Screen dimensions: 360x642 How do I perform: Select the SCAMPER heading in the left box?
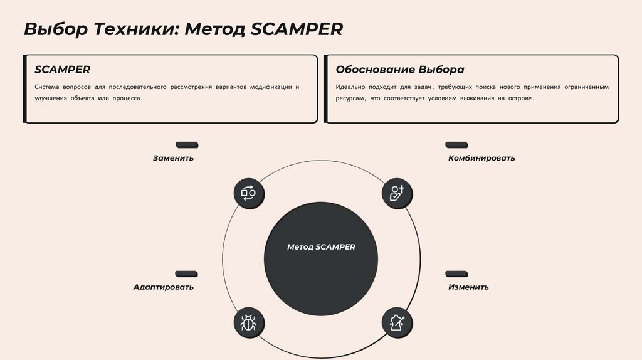coord(63,69)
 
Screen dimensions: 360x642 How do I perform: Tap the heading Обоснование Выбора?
coord(400,69)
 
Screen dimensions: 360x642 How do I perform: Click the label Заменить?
coord(173,158)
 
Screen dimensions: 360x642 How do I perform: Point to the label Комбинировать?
coord(481,158)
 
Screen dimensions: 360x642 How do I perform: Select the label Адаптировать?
coord(163,287)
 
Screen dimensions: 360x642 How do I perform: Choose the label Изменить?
coord(468,287)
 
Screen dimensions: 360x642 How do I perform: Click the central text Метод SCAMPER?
coord(321,247)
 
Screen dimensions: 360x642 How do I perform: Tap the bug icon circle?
coord(249,323)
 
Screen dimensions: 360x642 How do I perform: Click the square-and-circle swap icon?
coord(249,193)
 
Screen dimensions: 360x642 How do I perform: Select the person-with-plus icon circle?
coord(397,193)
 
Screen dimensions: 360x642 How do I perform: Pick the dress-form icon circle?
coord(397,323)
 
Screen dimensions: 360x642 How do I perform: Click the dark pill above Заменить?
coord(187,145)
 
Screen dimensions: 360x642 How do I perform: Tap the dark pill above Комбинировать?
coord(456,145)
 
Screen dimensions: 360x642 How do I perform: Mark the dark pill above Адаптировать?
coord(186,273)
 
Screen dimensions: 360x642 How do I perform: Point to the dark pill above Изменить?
coord(456,273)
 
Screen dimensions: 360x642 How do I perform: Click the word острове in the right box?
coord(520,99)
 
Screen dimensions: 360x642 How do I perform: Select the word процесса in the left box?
coord(128,99)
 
